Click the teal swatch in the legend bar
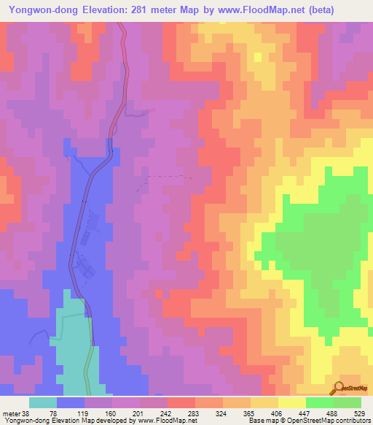pos(43,402)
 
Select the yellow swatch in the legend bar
pos(291,402)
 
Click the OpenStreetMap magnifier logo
pos(337,388)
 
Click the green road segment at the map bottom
pos(88,372)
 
